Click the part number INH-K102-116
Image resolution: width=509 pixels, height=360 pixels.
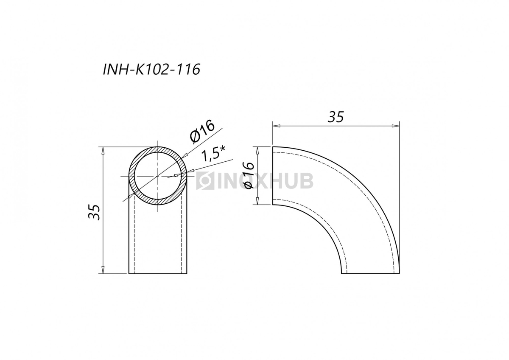pyautogui.click(x=151, y=69)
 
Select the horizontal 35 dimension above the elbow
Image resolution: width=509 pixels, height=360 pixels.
pyautogui.click(x=336, y=117)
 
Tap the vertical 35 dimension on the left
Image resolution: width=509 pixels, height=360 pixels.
pyautogui.click(x=94, y=212)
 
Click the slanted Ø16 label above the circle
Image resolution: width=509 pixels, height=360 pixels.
pyautogui.click(x=203, y=132)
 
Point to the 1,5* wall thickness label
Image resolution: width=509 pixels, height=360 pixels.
pyautogui.click(x=213, y=155)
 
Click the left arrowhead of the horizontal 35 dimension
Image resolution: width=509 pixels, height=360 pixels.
pyautogui.click(x=276, y=126)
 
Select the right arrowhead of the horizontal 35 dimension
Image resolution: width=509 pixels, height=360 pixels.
pyautogui.click(x=396, y=126)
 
